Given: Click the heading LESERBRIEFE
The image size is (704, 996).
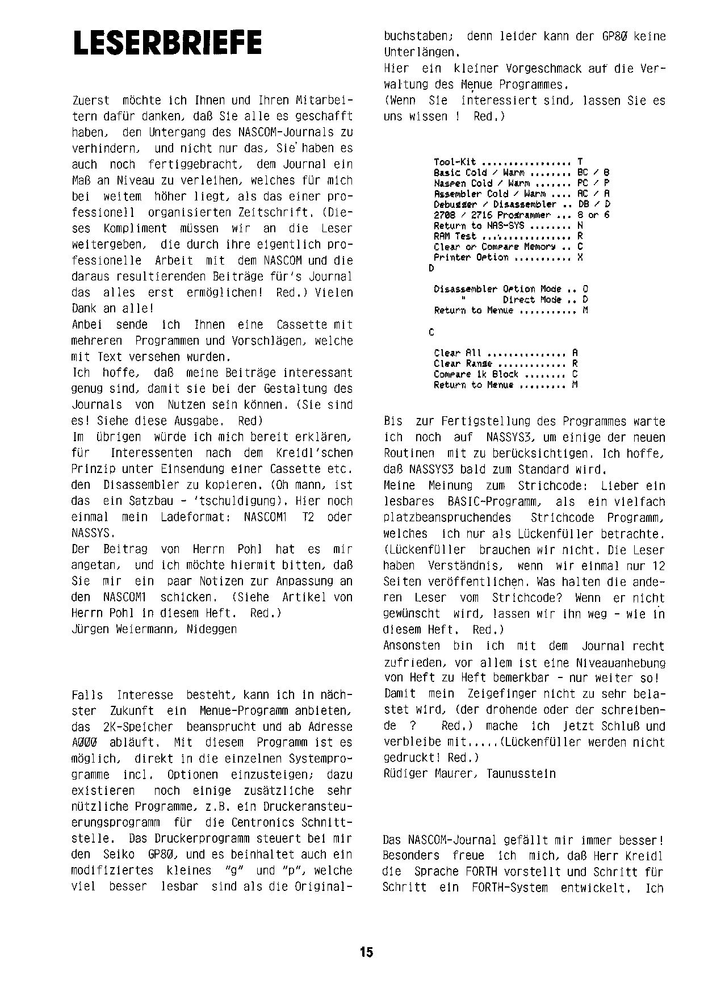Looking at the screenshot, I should pos(167,43).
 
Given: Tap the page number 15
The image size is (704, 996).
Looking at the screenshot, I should pos(366,952).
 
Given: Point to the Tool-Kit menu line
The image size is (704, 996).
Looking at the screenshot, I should pos(508,162).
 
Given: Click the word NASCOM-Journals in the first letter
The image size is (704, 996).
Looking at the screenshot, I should pos(284,132).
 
